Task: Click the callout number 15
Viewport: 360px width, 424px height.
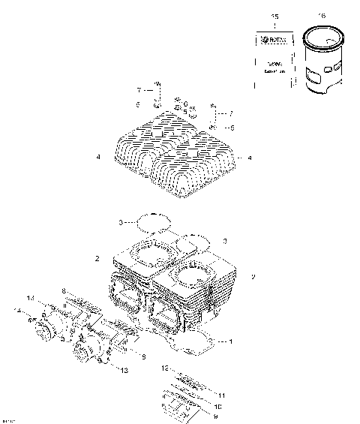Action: pos(274,16)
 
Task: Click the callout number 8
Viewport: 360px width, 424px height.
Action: pos(64,290)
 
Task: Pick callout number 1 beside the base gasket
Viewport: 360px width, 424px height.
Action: pos(229,342)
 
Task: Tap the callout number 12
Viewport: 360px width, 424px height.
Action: pos(163,369)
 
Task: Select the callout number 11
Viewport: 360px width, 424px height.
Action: pos(221,393)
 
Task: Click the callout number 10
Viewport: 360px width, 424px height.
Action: pos(218,405)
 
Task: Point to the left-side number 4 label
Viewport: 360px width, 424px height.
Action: pos(98,158)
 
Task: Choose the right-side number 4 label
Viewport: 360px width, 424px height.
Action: pos(249,158)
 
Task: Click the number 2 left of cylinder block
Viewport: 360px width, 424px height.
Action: pos(97,258)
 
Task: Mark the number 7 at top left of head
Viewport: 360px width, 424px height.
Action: pos(138,90)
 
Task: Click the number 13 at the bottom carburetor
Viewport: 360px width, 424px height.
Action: pos(124,369)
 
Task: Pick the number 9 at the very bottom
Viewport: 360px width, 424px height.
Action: pos(217,415)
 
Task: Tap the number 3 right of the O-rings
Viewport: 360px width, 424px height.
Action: pos(224,241)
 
